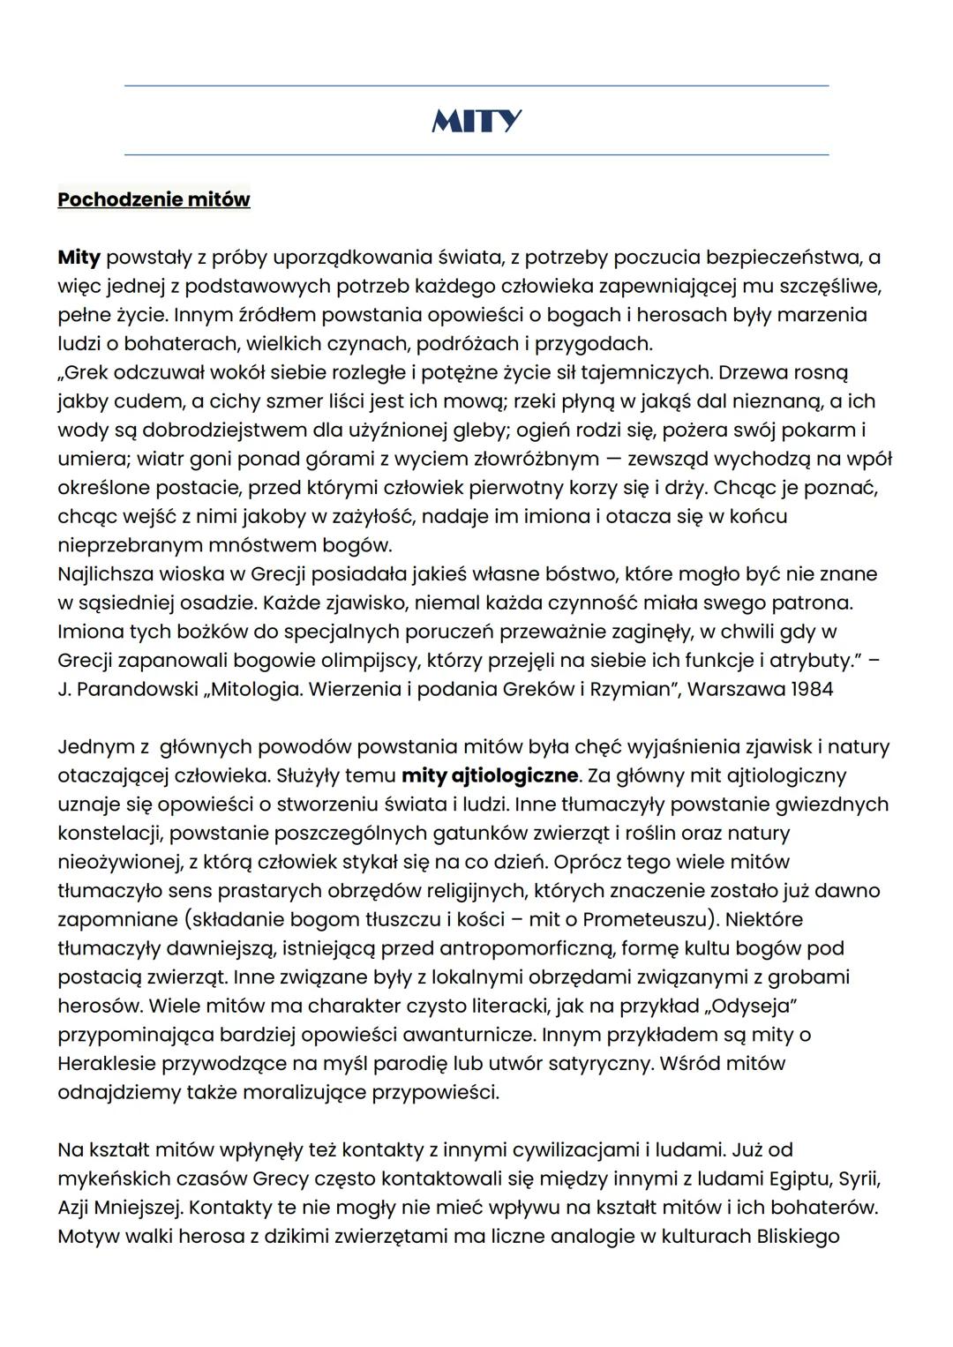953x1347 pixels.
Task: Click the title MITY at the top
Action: (x=476, y=121)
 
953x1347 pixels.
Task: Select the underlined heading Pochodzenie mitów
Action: (x=154, y=199)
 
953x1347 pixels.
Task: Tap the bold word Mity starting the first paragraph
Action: (x=79, y=258)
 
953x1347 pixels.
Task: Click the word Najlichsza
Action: (x=105, y=574)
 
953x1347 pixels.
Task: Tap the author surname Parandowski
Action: (x=137, y=689)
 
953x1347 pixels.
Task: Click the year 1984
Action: (x=809, y=689)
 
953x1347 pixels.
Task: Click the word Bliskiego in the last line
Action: (x=798, y=1237)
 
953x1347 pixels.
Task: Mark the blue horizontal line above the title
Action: (x=476, y=86)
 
